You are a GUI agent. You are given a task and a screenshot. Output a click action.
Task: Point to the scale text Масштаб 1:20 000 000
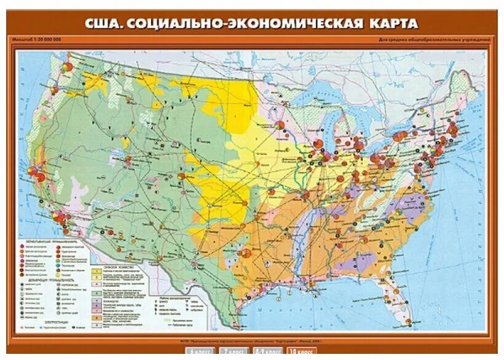click(36, 40)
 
